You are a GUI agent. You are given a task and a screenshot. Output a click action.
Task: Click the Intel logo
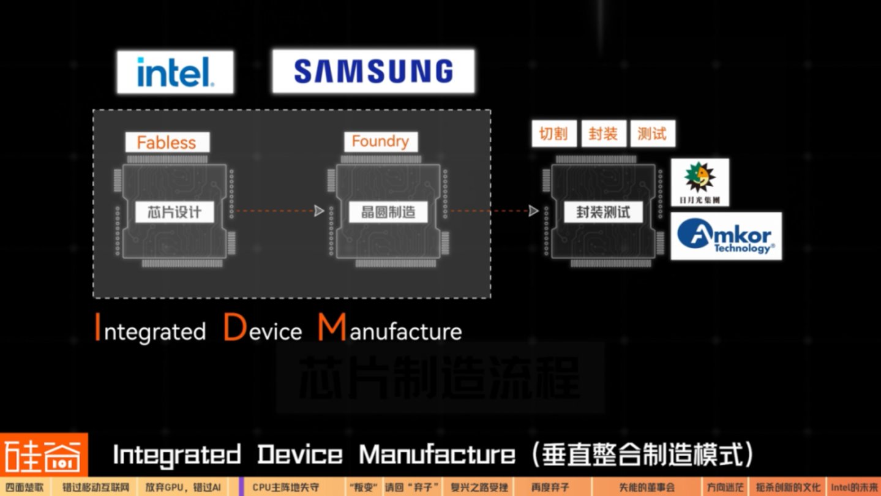[175, 72]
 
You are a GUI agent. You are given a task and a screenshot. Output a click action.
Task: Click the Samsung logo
[373, 72]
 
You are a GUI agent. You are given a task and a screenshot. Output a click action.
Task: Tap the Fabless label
[167, 143]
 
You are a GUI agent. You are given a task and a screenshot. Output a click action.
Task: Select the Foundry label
[380, 141]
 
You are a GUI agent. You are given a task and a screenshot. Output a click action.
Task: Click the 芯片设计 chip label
[174, 212]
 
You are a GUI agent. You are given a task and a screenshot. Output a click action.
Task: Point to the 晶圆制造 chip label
[388, 212]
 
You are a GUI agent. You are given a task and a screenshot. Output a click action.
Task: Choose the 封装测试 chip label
[603, 212]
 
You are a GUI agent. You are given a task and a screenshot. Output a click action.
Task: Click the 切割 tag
[553, 133]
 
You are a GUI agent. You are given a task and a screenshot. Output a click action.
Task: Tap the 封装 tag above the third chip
[603, 133]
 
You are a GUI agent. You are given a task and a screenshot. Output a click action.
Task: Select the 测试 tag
[652, 133]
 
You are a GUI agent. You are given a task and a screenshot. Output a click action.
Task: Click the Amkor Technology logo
[726, 236]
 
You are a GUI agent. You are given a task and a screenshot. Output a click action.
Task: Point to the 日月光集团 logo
[700, 182]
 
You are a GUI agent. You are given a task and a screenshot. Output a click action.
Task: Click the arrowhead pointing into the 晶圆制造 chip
[318, 211]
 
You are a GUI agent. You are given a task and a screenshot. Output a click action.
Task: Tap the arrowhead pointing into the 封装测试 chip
[533, 211]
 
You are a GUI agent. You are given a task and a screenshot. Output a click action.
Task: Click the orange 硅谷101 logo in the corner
[43, 455]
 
